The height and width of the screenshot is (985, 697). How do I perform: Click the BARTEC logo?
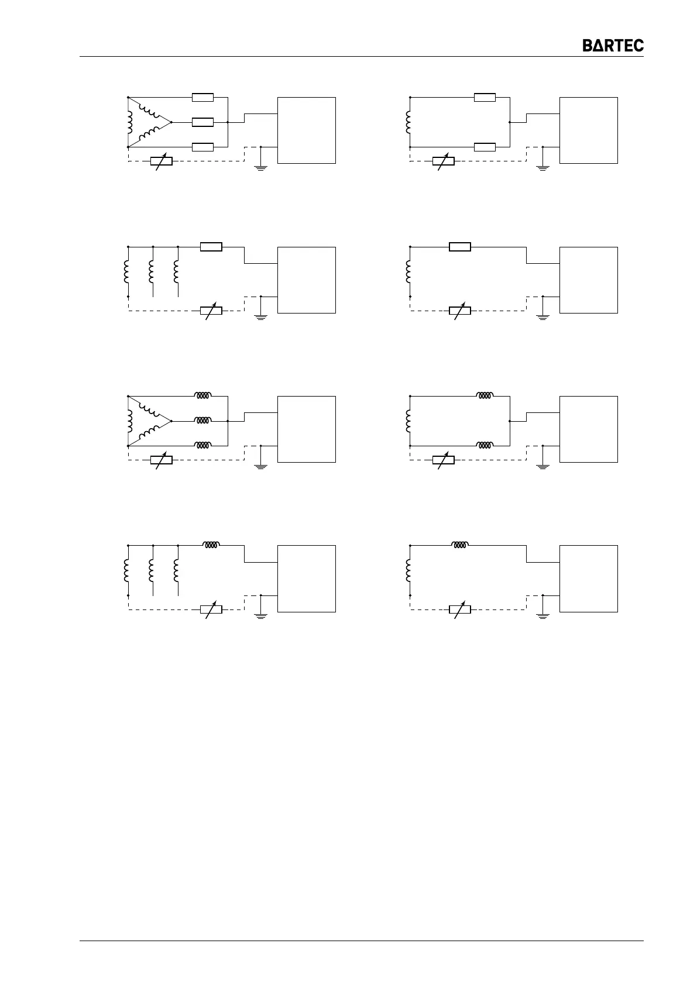[613, 46]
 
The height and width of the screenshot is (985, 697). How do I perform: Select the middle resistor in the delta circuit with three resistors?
[202, 122]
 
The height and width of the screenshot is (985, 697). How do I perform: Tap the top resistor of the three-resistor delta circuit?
[202, 97]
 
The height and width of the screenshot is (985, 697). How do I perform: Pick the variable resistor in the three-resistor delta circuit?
[161, 161]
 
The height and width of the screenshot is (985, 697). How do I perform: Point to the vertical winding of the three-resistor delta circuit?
[129, 122]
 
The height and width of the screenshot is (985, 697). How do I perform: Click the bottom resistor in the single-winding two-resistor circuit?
[485, 147]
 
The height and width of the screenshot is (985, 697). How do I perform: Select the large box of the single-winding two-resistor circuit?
[588, 130]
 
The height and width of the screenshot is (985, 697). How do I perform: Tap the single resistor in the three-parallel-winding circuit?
[211, 247]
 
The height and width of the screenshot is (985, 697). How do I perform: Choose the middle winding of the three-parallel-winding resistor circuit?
[152, 271]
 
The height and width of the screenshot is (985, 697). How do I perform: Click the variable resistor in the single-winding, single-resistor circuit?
[459, 311]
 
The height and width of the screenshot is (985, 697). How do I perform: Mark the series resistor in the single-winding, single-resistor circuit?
[459, 247]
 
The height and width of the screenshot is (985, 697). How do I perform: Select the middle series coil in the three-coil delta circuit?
[202, 421]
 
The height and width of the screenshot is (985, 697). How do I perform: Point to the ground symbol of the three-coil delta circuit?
[260, 466]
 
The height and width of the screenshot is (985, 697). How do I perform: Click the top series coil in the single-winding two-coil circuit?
[485, 396]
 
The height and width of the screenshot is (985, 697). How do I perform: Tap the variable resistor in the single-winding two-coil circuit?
[443, 460]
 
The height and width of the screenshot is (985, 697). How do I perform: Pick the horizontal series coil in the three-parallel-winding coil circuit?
[211, 545]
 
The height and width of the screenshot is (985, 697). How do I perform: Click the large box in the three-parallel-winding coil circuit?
[306, 578]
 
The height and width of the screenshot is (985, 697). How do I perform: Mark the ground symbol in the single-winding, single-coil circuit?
[543, 615]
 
